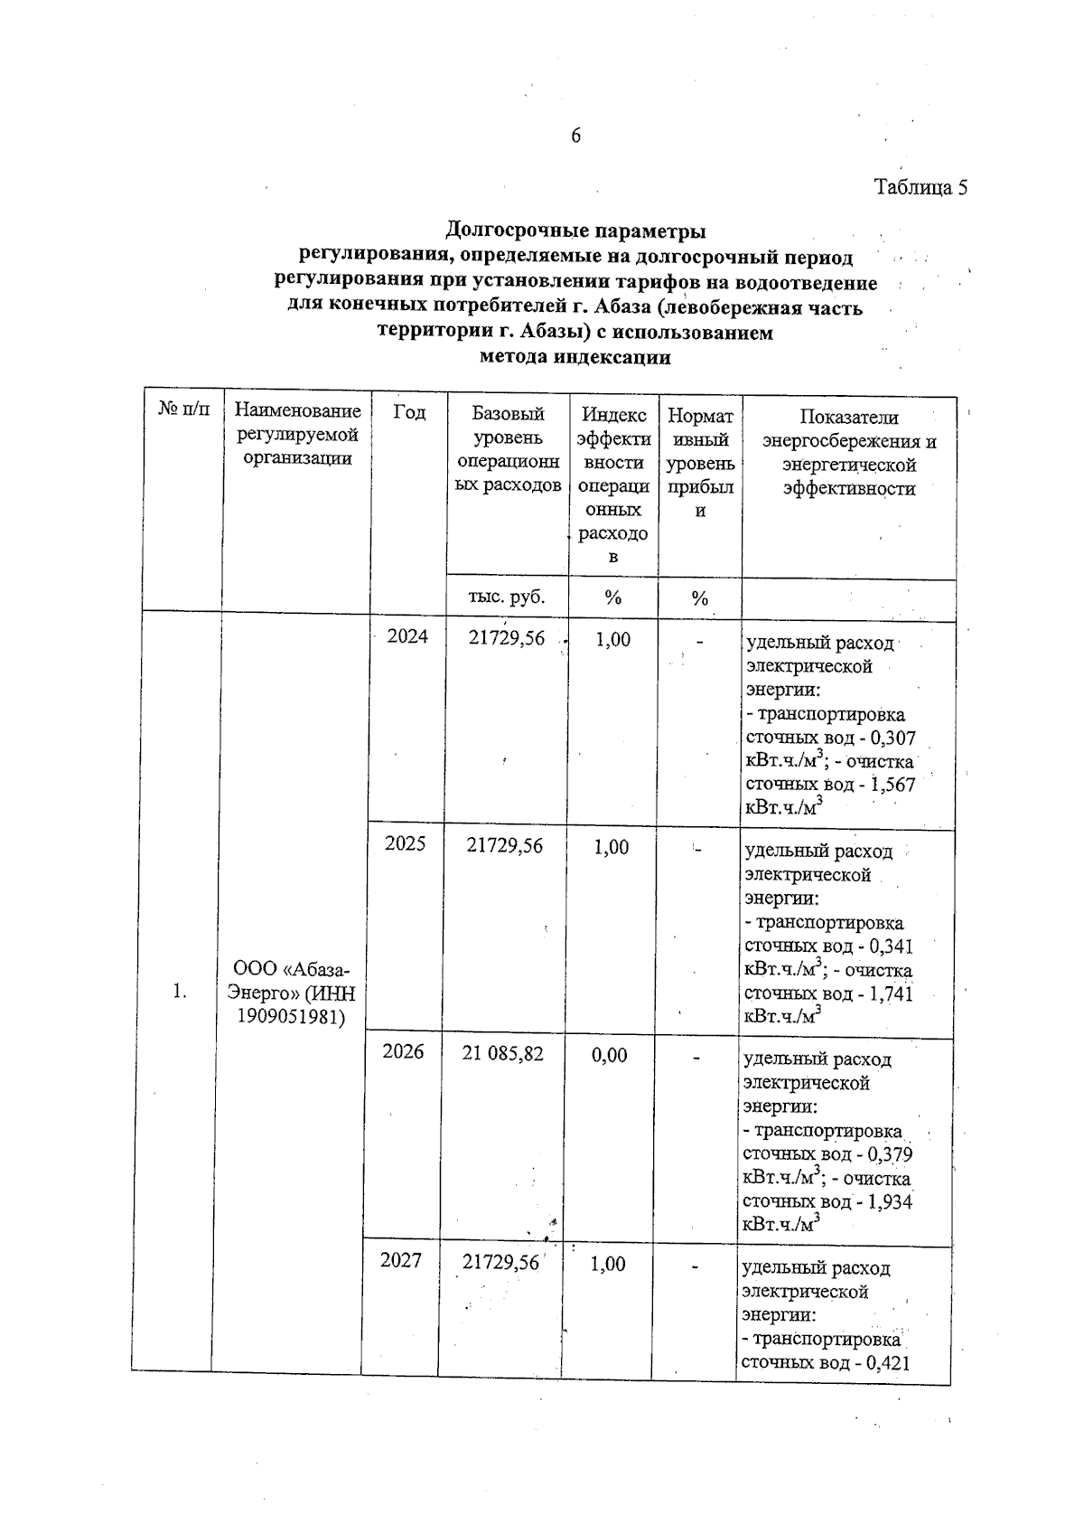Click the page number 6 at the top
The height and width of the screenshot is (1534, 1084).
point(576,136)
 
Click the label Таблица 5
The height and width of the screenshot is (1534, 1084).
point(920,188)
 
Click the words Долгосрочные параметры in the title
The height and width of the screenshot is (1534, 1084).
point(576,231)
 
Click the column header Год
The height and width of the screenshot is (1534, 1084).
point(409,412)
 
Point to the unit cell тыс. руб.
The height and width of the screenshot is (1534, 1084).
point(507,598)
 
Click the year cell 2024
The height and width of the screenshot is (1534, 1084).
point(407,636)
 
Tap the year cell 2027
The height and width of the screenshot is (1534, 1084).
point(401,1260)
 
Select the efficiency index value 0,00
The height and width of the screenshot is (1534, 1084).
point(610,1055)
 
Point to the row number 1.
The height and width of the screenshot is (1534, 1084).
point(180,992)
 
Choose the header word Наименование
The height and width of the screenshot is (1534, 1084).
point(297,411)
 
